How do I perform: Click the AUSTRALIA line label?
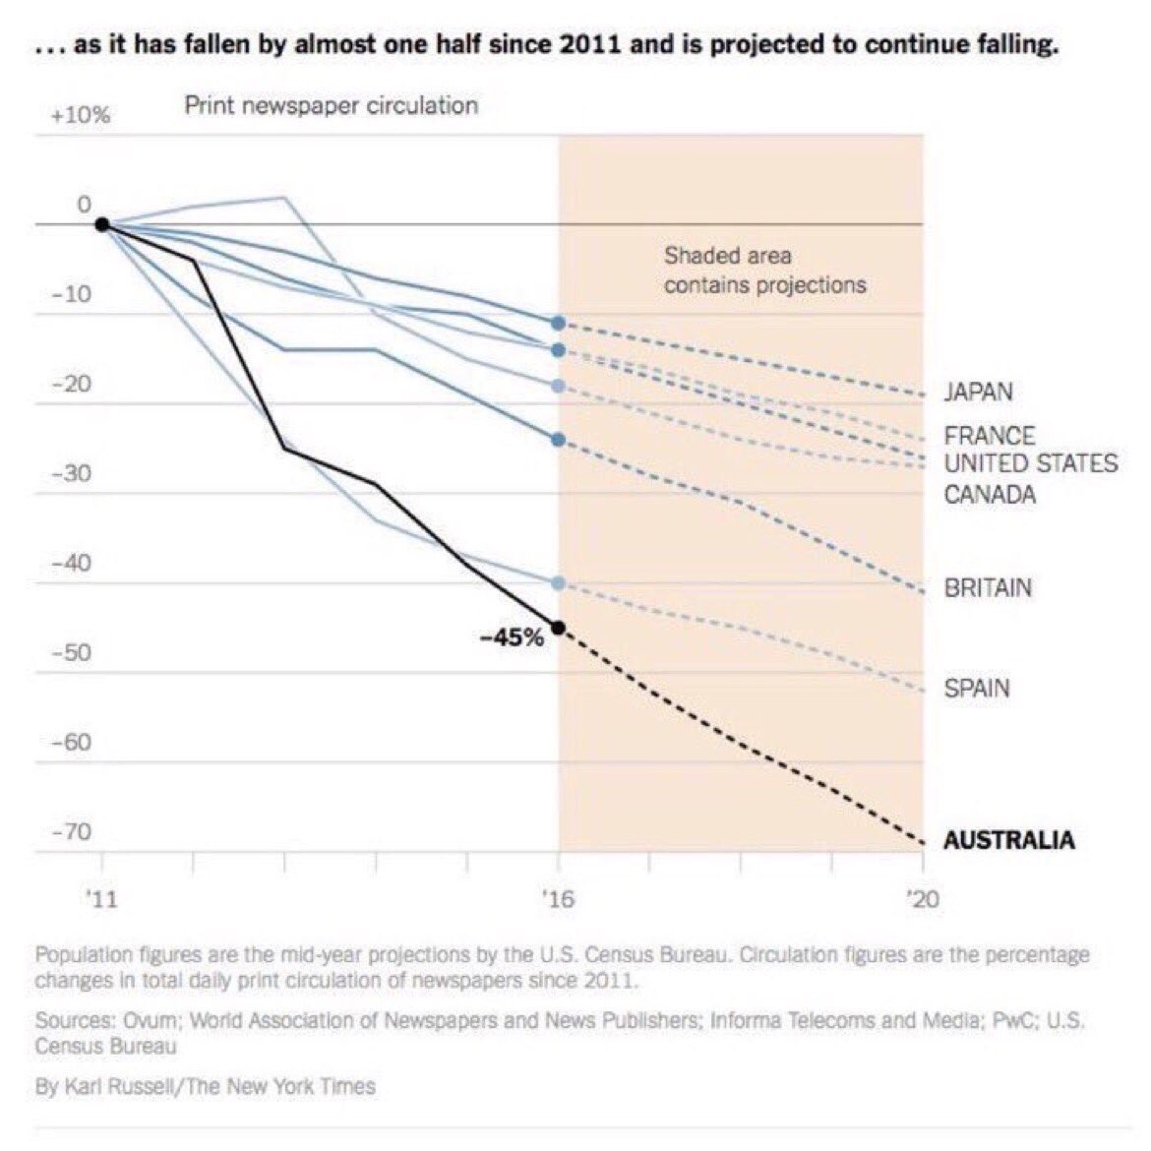1008,840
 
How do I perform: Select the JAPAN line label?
978,392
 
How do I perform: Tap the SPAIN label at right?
976,688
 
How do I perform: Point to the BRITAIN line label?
988,587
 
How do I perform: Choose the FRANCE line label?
989,436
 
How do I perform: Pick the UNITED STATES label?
1030,463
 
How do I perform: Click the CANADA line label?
990,494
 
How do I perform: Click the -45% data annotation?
512,637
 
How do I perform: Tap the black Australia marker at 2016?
559,628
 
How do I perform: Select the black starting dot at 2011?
101,224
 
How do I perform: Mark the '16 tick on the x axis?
559,899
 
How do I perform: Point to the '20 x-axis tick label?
924,899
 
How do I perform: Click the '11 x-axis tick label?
101,899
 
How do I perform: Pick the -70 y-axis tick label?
72,832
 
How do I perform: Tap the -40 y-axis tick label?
72,564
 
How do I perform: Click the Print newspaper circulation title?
331,105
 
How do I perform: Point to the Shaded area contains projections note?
764,271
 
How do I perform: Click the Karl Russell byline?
205,1086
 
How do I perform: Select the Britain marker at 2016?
558,440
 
